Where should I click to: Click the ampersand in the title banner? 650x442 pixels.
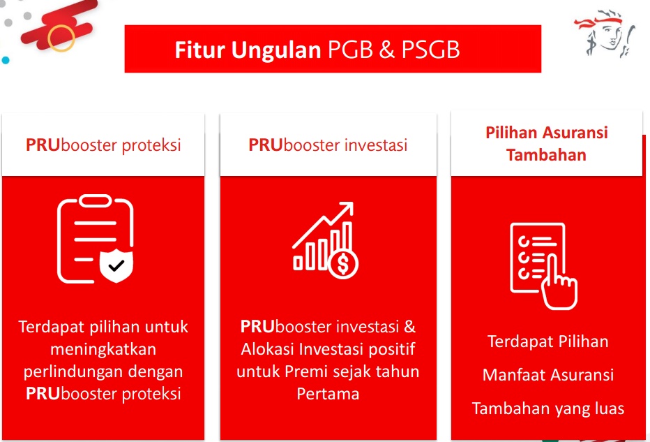[386, 50]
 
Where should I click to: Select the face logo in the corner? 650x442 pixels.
[605, 34]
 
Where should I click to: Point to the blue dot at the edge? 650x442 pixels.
[6, 60]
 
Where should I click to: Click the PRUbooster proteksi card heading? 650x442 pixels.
[103, 145]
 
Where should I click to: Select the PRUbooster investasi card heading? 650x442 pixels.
[328, 145]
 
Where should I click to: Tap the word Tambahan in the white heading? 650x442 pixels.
[546, 155]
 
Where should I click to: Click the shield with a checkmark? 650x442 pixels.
[116, 265]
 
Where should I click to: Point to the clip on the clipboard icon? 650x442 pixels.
[96, 201]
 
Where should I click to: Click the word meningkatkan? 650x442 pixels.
[103, 349]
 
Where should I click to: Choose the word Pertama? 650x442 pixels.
[328, 394]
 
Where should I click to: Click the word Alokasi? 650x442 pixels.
[268, 349]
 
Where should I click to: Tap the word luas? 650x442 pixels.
[610, 408]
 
